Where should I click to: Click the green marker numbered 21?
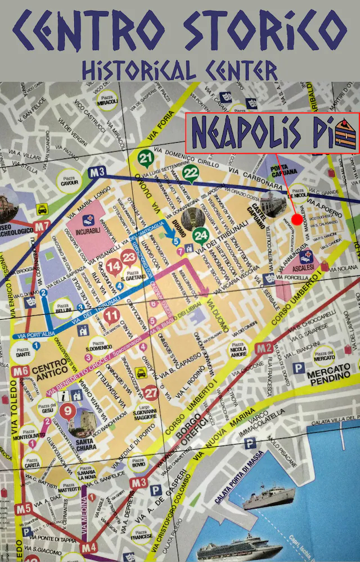tap(146, 159)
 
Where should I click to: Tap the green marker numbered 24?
tap(200, 235)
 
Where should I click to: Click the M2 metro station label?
tap(263, 348)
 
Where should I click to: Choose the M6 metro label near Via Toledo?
tap(22, 371)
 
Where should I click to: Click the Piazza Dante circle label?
tap(22, 353)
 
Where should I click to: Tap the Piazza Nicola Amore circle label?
tap(238, 353)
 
